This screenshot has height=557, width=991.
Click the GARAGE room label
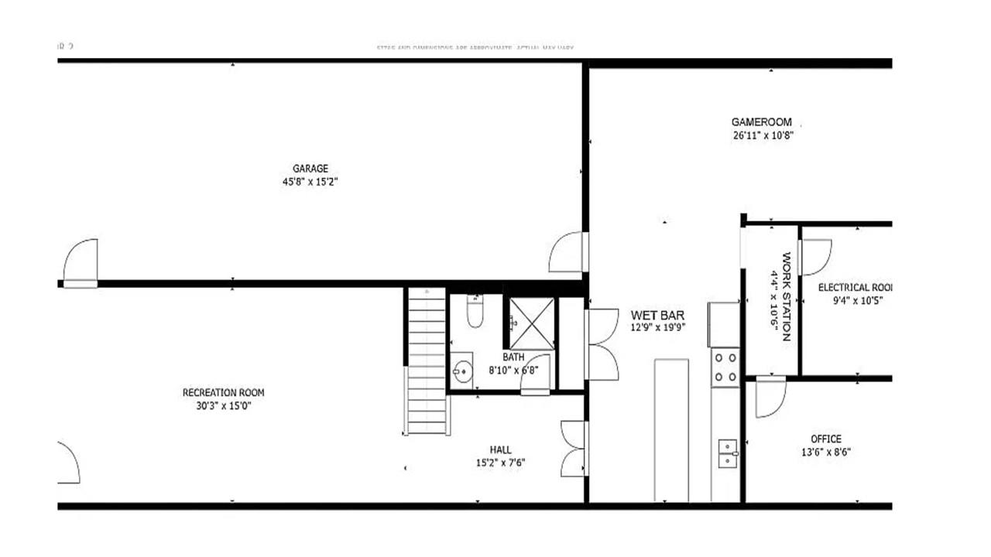[x=310, y=169]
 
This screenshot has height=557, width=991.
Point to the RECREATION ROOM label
[x=223, y=393]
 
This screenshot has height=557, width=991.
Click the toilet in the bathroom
[x=475, y=311]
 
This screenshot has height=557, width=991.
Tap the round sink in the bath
[x=463, y=371]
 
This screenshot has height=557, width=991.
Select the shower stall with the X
[x=530, y=321]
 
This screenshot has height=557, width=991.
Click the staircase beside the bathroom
[x=427, y=361]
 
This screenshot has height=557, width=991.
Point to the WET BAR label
[x=657, y=315]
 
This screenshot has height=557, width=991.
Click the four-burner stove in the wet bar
[x=725, y=367]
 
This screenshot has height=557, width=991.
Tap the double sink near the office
[x=727, y=454]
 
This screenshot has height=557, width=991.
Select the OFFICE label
[x=825, y=439]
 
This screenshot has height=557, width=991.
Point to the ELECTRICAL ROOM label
[x=856, y=288]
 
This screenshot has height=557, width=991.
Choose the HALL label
[x=500, y=450]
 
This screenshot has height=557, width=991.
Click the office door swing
[x=770, y=395]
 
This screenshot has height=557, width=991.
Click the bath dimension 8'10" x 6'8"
[x=513, y=370]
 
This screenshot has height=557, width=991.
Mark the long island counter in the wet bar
[x=671, y=430]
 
